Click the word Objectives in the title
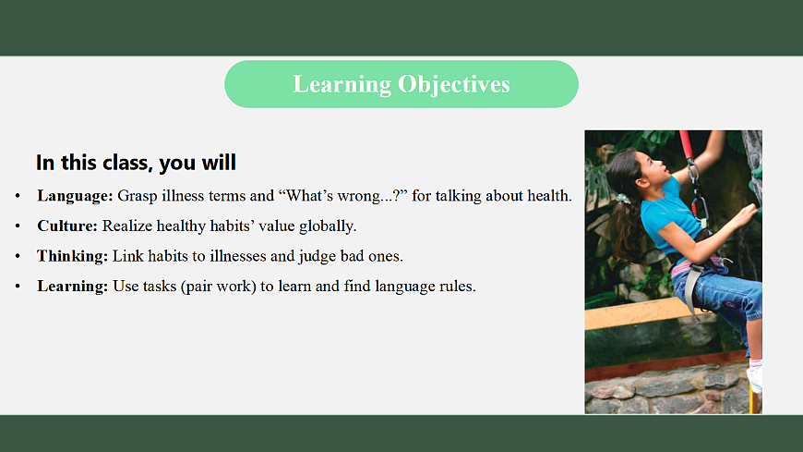point(454,85)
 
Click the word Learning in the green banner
point(342,85)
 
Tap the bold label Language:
point(75,196)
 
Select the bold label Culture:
point(67,226)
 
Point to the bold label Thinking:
point(72,256)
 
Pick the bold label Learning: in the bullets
point(72,287)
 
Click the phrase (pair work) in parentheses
point(218,287)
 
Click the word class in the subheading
point(127,163)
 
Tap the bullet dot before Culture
point(18,226)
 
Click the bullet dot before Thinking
point(18,256)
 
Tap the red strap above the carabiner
point(686,145)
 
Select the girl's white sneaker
point(754,376)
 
